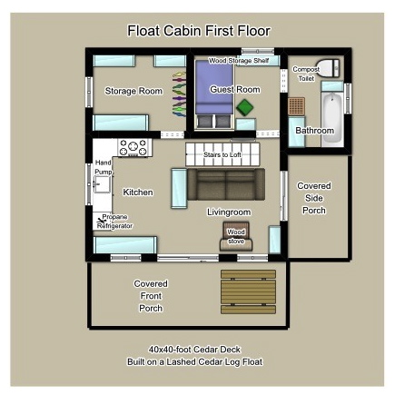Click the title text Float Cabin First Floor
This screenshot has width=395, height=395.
pyautogui.click(x=198, y=31)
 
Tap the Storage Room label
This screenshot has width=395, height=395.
pyautogui.click(x=133, y=91)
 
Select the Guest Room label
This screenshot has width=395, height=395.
pyautogui.click(x=234, y=90)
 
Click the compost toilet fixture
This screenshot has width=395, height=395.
pyautogui.click(x=330, y=69)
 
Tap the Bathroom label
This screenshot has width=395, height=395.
pyautogui.click(x=314, y=131)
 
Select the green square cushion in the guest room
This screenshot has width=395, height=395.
pyautogui.click(x=245, y=108)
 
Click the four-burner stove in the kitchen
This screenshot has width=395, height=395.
pyautogui.click(x=133, y=145)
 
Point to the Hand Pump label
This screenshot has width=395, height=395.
pyautogui.click(x=103, y=167)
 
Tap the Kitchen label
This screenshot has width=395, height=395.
pyautogui.click(x=138, y=193)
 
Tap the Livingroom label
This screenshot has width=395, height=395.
pyautogui.click(x=229, y=212)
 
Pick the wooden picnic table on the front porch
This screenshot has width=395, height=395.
pyautogui.click(x=248, y=291)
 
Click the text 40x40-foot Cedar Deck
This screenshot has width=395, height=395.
pyautogui.click(x=197, y=350)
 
